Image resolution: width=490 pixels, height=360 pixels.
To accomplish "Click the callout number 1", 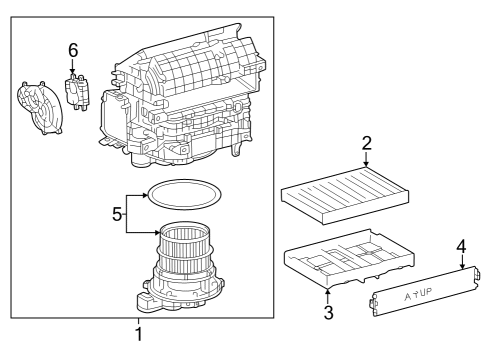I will pos(138,334).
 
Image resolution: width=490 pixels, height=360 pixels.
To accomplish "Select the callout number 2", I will pos(367,144).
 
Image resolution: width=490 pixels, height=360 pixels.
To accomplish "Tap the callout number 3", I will pos(329,313).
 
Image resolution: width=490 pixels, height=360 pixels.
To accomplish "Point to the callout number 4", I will pos(461,245).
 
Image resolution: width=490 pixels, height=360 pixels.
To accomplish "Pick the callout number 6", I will pos(72,49).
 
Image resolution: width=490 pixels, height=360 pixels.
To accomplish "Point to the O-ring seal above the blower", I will pos(182,190).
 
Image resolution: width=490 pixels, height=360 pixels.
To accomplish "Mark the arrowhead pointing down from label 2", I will pos(367,162).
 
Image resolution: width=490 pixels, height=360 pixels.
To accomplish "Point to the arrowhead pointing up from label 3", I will pos(329,291).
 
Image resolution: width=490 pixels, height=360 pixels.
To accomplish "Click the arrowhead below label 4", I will pos(461,267).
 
